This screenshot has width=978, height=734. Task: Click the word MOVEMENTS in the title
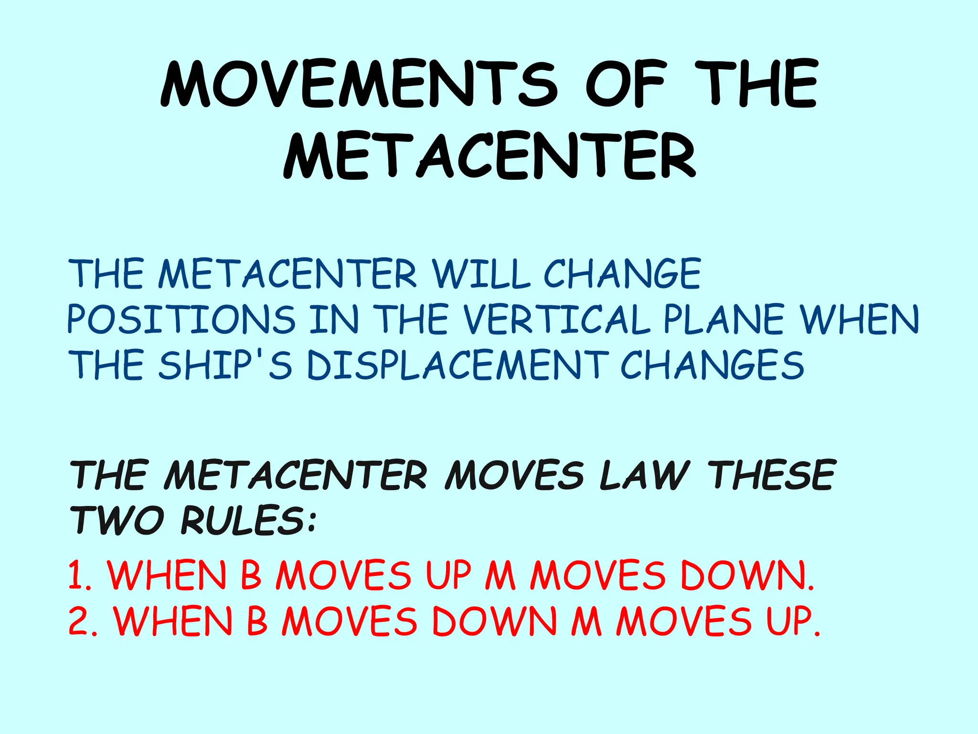click(359, 85)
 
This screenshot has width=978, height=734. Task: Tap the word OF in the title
click(625, 85)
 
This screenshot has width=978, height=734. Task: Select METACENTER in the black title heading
click(489, 156)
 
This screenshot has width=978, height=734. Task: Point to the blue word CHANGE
click(622, 274)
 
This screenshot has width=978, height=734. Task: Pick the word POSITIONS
click(181, 319)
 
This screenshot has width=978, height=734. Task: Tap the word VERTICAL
click(557, 319)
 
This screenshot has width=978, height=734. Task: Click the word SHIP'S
click(225, 365)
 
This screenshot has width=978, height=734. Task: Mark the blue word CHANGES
click(712, 365)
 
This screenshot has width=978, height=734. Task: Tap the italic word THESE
click(772, 475)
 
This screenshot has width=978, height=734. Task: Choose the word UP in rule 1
click(448, 575)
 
